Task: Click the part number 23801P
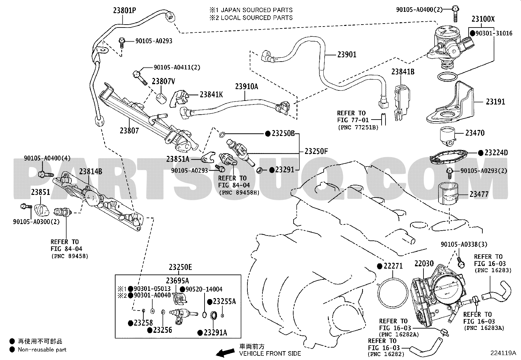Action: click(x=124, y=10)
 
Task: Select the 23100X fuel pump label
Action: click(x=483, y=19)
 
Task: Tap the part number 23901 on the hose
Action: click(x=347, y=54)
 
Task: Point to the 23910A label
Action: click(x=246, y=86)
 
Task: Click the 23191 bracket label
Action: click(x=495, y=102)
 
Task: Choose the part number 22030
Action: click(x=424, y=264)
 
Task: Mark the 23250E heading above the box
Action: click(x=180, y=267)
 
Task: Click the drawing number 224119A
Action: click(x=503, y=353)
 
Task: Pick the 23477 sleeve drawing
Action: click(x=448, y=193)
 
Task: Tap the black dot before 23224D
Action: click(x=481, y=153)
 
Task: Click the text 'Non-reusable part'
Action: click(x=42, y=350)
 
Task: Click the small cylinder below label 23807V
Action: click(x=161, y=99)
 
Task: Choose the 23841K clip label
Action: click(x=211, y=95)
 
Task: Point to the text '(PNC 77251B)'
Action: click(x=358, y=127)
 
